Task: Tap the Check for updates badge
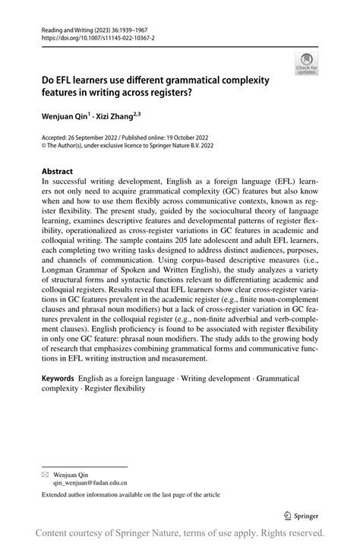[306, 64]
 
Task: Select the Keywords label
[58, 378]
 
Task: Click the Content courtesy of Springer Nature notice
[180, 533]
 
